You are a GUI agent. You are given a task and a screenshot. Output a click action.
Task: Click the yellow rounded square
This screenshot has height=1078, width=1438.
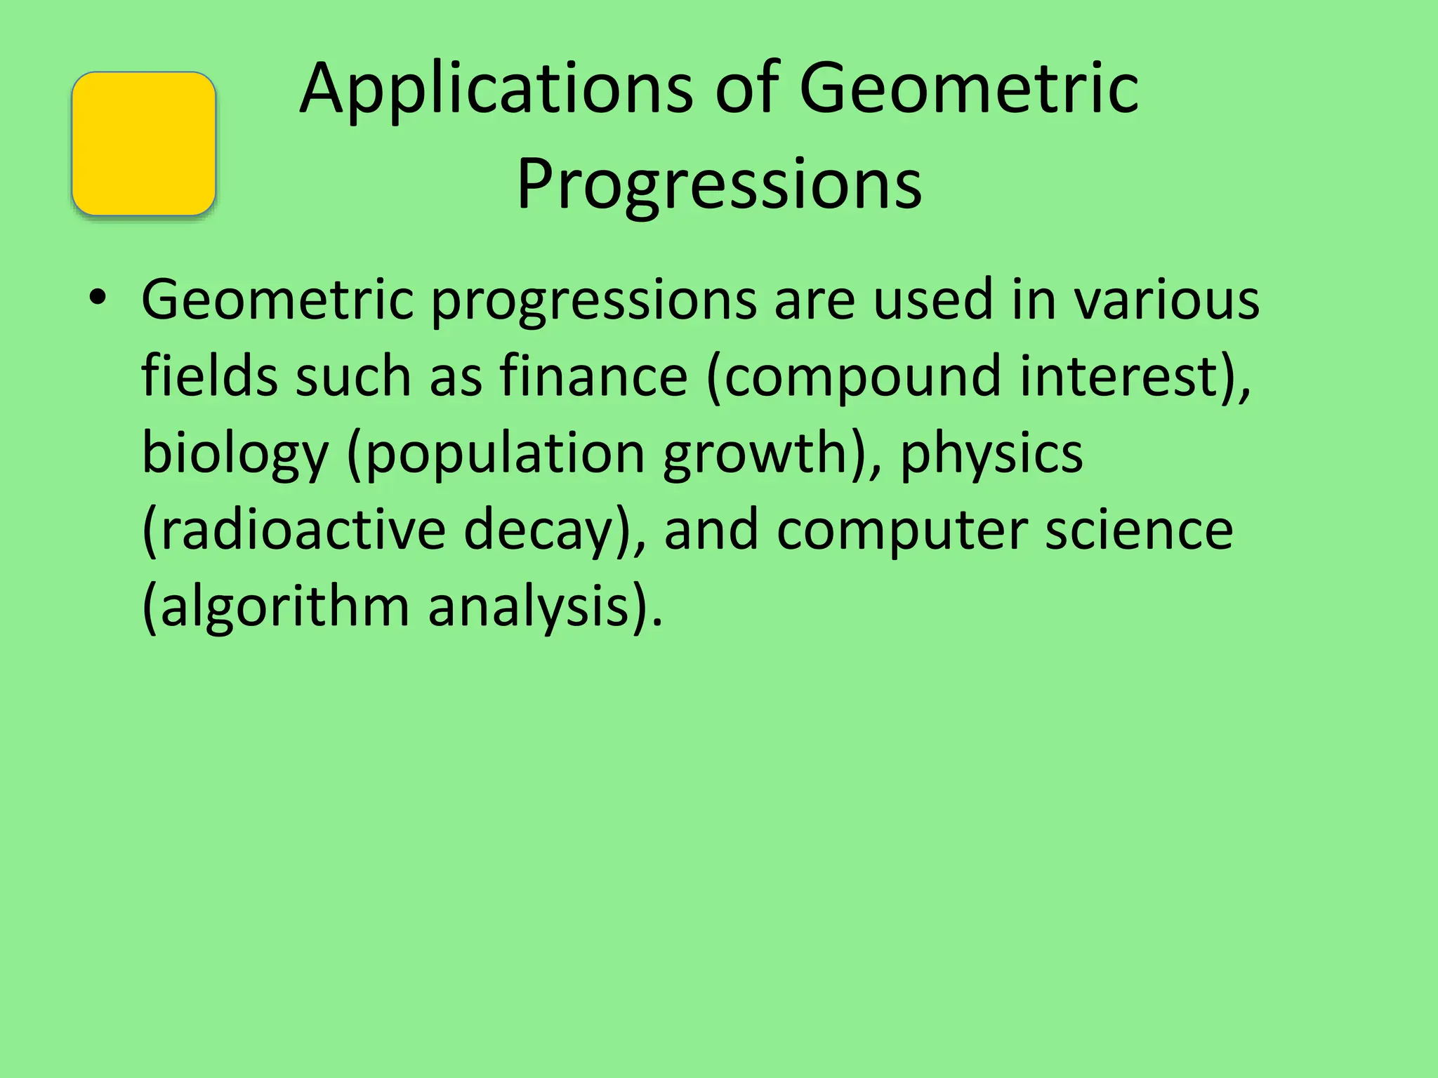[143, 143]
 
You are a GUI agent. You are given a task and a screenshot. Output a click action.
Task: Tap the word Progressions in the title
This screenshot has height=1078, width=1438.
[719, 185]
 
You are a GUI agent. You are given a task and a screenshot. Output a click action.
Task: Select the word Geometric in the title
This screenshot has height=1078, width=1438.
[969, 89]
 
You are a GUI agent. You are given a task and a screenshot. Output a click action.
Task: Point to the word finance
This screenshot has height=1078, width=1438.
[593, 376]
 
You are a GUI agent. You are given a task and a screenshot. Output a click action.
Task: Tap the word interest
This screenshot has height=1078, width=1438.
[1120, 376]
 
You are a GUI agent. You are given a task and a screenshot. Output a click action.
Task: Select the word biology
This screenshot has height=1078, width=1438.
[235, 453]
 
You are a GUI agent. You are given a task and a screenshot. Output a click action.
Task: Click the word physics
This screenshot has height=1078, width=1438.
[991, 453]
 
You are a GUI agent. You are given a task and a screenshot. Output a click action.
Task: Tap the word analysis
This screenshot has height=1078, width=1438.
[529, 606]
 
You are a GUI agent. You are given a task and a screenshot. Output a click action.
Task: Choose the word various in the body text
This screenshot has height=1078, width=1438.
[1167, 300]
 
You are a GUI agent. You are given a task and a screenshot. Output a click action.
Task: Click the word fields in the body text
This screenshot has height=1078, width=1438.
[209, 376]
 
